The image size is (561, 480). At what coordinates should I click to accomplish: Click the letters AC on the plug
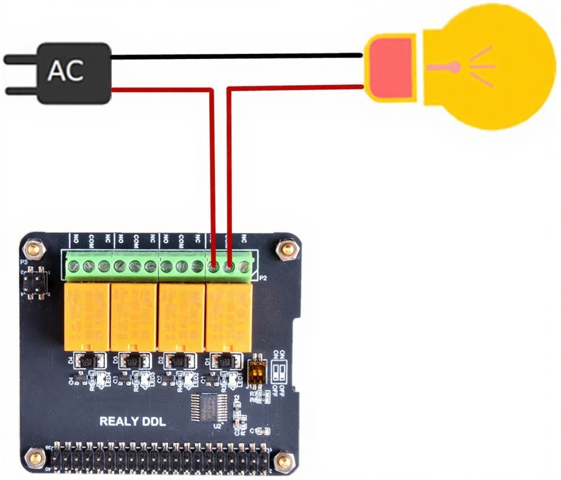click(x=66, y=71)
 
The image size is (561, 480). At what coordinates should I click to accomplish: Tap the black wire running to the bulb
click(x=236, y=57)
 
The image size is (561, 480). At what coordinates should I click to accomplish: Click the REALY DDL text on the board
click(x=132, y=422)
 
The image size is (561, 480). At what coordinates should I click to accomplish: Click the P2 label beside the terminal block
click(x=263, y=278)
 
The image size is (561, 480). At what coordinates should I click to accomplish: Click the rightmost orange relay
click(x=229, y=316)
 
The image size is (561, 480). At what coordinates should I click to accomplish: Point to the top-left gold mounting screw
click(x=33, y=248)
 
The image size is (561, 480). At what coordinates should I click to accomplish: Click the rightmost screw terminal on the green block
click(x=244, y=267)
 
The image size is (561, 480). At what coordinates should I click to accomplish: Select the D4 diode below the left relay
click(x=90, y=360)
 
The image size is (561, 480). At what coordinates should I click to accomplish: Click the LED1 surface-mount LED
click(x=232, y=379)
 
